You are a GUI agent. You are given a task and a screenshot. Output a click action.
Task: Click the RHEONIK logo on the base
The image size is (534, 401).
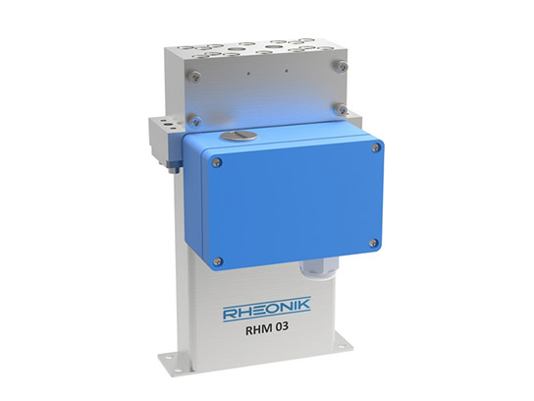pyautogui.click(x=267, y=314)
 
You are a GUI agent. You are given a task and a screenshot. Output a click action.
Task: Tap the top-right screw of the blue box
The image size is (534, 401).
pyautogui.click(x=376, y=147)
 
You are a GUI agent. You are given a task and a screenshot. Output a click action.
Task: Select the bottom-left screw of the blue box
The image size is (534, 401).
pyautogui.click(x=217, y=259)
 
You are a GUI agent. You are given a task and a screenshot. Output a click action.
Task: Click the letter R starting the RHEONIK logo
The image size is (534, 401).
pyautogui.click(x=229, y=315)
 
